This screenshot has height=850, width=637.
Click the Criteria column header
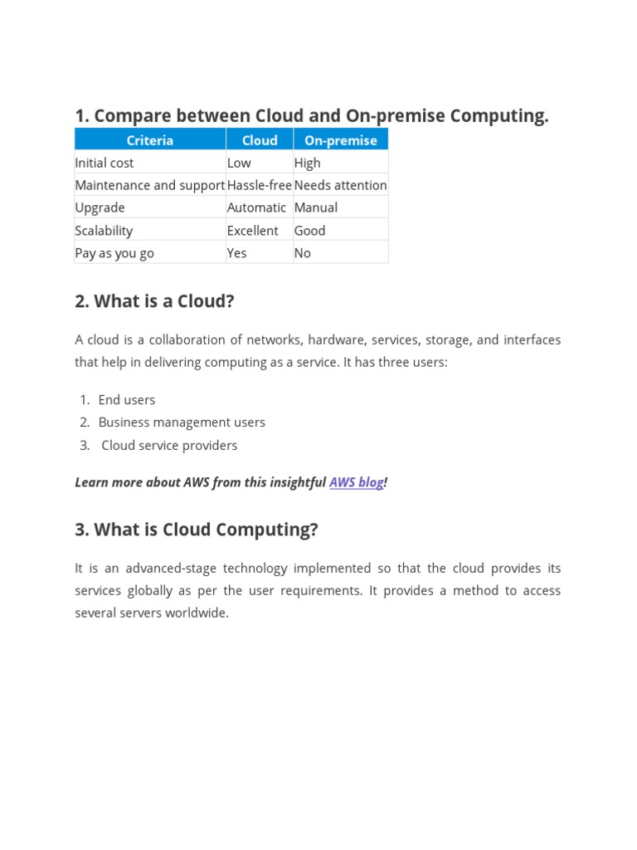tap(150, 140)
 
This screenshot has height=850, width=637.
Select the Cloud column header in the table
tap(260, 140)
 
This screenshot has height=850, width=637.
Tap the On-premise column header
tap(340, 140)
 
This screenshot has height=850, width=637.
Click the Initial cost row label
tap(105, 163)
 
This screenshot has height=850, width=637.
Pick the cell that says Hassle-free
tap(259, 185)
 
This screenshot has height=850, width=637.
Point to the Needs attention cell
tap(340, 185)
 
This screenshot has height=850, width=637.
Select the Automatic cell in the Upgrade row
tap(256, 208)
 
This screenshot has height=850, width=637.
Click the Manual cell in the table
tap(316, 208)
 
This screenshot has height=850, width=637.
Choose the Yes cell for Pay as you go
tap(237, 253)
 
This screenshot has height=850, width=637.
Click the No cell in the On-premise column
tap(303, 253)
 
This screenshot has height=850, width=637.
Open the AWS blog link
tap(357, 482)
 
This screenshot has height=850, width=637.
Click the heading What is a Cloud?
tap(154, 301)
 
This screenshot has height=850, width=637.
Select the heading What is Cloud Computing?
tap(197, 530)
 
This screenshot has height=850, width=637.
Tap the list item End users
tap(127, 400)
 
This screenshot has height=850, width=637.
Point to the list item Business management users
tap(182, 423)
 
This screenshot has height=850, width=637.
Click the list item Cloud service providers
tap(169, 446)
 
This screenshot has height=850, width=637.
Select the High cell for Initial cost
tap(308, 163)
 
